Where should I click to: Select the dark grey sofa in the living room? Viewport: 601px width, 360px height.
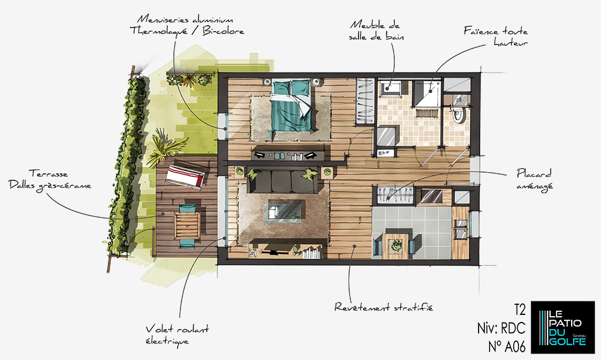point(282,181)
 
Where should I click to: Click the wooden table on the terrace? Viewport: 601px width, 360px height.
point(187,225)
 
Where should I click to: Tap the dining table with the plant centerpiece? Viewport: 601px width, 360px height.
point(395,244)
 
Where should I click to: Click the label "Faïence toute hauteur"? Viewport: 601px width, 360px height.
point(496,36)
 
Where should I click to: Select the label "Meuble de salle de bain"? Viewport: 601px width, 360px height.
point(376,30)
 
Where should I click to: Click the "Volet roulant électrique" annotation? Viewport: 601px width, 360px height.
point(177,335)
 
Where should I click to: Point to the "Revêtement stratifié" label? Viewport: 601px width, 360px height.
point(384,307)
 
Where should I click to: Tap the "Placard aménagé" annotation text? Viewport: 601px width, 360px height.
point(534,179)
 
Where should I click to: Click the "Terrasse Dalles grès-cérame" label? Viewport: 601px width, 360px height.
point(50,180)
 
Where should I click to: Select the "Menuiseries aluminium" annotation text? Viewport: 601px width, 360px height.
point(185,19)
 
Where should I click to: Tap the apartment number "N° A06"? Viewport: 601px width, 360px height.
point(507,346)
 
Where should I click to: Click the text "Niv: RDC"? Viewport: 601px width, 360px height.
point(501,328)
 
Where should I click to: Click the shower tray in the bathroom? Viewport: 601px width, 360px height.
point(428,93)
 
